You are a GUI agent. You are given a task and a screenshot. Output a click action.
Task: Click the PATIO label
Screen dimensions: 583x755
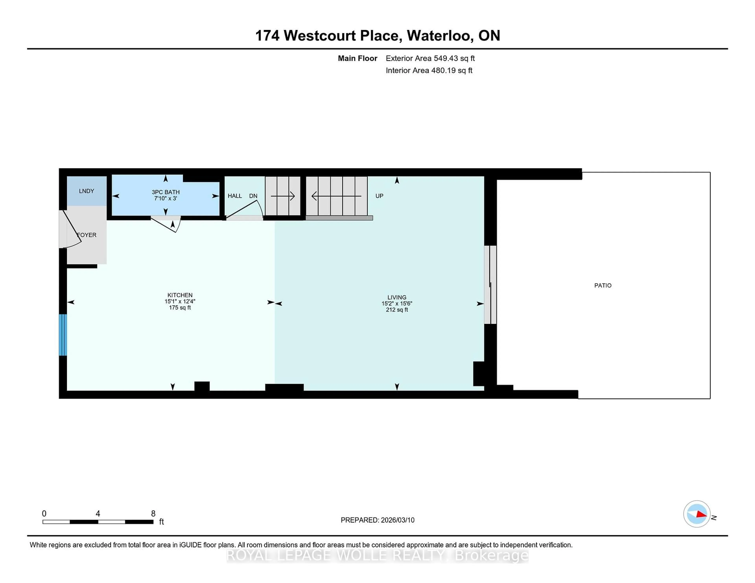[603, 285]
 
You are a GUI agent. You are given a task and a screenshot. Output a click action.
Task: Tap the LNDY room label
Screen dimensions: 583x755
[87, 191]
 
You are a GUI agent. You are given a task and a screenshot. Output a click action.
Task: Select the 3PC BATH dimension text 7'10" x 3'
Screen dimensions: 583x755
[166, 198]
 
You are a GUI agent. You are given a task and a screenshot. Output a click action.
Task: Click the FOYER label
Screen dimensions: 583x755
[87, 235]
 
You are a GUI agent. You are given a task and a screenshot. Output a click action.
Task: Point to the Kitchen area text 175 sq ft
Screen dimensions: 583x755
[180, 308]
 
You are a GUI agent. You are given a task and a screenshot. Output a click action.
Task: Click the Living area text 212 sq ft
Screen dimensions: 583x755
[397, 310]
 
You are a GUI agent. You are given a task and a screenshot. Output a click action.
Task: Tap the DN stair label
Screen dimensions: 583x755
[253, 196]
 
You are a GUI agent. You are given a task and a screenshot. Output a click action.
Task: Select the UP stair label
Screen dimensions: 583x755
[379, 196]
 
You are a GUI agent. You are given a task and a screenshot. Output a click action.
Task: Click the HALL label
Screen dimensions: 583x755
[235, 196]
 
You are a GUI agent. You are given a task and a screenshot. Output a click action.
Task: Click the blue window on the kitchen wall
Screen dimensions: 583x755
[63, 335]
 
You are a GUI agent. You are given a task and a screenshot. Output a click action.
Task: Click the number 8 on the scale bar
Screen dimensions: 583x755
[153, 514]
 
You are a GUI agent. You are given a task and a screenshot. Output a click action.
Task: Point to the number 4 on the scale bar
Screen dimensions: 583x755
[98, 514]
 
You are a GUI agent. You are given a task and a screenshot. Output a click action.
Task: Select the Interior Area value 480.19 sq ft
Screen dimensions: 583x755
[451, 71]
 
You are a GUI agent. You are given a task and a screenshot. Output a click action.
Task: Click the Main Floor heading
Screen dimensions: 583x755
[357, 58]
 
